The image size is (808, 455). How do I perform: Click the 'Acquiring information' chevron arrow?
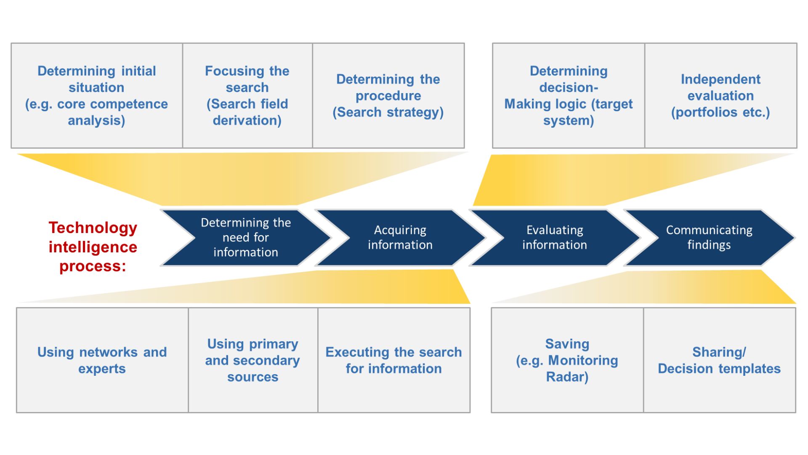pos(400,238)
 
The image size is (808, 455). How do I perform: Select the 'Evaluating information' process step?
pos(554,238)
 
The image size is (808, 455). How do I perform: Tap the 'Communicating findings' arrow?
pos(709,238)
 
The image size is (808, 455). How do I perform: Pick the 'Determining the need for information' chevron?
pos(246,238)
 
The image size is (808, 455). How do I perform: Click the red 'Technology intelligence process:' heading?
pos(93,247)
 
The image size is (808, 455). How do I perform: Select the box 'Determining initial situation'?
pos(96,96)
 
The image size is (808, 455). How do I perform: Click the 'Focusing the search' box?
pos(247,96)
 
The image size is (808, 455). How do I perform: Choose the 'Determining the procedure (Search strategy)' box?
pos(388,96)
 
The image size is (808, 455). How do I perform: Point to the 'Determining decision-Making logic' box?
pos(568,96)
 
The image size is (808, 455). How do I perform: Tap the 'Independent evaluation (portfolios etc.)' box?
pos(720,96)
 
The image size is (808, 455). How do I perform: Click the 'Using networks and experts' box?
pos(102,360)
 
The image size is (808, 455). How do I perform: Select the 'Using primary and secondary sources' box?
pos(252,360)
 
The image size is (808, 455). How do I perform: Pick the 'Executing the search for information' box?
pos(393,360)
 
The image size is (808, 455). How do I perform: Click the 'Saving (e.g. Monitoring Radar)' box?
pos(567,360)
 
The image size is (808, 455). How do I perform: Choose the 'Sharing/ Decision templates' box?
pos(719,360)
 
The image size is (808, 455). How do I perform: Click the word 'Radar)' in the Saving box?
pos(567,377)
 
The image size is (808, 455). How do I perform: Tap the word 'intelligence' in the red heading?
pos(93,247)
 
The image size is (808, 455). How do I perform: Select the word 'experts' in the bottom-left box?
pos(102,369)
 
